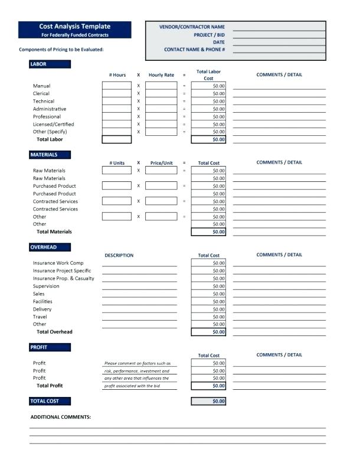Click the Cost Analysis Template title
tap(74, 27)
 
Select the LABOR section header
tap(38, 64)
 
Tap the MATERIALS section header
tap(44, 155)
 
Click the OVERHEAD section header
tap(44, 247)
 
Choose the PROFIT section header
tap(39, 347)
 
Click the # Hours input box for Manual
tap(116, 86)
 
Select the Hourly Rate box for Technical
tap(161, 101)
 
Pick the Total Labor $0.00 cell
tap(208, 139)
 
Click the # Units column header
tap(117, 163)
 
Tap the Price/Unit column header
tap(161, 163)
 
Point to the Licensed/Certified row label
tap(54, 124)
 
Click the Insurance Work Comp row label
tap(58, 263)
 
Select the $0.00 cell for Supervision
tap(208, 286)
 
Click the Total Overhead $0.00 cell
tap(208, 332)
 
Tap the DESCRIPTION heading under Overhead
tap(119, 255)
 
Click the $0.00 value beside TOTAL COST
tap(208, 401)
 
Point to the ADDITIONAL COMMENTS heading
tap(61, 417)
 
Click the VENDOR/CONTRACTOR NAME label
tap(192, 27)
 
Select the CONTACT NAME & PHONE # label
tap(194, 50)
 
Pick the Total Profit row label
tap(50, 386)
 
